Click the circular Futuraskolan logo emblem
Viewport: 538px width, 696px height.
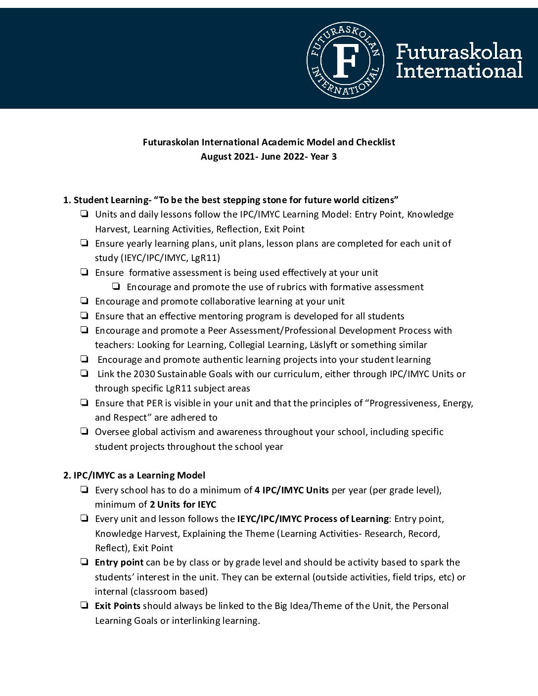coord(346,60)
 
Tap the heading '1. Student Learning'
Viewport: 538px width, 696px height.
coord(105,200)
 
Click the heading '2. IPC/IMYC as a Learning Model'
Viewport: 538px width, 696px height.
coord(134,476)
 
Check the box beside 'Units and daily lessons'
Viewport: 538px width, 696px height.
coord(85,214)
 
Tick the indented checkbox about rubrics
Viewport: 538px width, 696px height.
coord(117,287)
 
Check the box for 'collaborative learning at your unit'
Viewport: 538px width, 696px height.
coord(85,301)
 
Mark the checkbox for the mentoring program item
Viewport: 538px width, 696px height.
coord(85,316)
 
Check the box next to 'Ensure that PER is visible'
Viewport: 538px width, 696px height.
coord(85,403)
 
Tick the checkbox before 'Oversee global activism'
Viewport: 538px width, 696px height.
coord(85,432)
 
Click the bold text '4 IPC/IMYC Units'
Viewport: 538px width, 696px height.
coord(292,490)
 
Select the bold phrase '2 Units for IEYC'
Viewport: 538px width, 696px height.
coord(183,505)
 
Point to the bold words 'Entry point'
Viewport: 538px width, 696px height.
coord(119,563)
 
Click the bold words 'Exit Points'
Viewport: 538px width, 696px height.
coord(118,606)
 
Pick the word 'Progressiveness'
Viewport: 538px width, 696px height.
coord(404,403)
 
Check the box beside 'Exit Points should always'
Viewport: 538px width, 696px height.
coord(85,606)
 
